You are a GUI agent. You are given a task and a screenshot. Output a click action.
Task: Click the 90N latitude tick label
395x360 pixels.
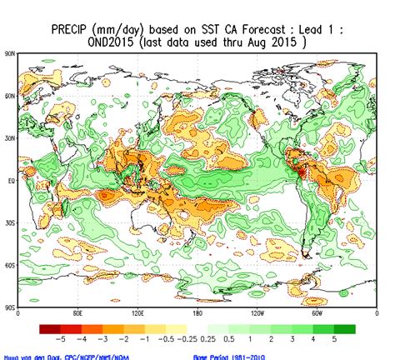[10, 53]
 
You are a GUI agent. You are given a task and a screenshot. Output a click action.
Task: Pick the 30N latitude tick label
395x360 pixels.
[10, 138]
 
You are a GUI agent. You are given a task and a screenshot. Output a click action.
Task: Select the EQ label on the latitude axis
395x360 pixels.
[11, 181]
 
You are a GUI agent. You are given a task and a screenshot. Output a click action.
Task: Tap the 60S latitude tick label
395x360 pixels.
[10, 266]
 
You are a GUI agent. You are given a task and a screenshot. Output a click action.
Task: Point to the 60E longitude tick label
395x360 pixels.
[77, 314]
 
